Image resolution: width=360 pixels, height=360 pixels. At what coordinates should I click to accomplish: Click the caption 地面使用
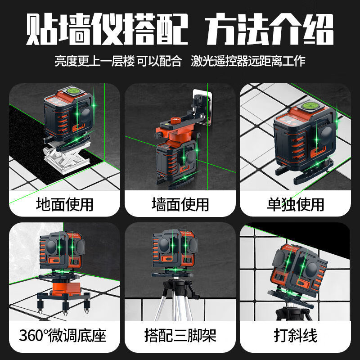coord(64,204)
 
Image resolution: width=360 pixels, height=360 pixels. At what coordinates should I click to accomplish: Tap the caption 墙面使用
coord(180,204)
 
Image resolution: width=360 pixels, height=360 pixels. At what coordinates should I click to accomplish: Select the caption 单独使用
coord(296,204)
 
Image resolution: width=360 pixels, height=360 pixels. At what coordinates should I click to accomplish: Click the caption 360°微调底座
coord(63,335)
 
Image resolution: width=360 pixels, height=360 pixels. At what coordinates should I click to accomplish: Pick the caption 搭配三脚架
coord(180,335)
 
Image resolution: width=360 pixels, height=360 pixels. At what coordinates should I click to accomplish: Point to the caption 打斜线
coord(296,335)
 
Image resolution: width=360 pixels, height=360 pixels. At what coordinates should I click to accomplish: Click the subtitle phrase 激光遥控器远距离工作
coord(248,60)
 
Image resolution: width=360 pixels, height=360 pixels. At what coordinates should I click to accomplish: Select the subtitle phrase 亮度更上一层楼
coord(94,60)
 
